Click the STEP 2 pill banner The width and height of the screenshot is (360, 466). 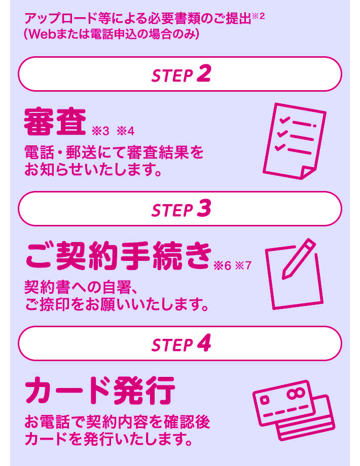(179, 74)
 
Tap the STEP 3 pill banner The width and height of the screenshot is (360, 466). (179, 209)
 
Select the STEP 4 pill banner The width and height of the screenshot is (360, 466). (179, 343)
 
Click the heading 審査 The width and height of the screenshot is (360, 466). (55, 122)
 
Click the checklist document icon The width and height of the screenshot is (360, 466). (295, 141)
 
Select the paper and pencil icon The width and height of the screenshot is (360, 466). (294, 274)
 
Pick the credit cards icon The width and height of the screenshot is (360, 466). (294, 410)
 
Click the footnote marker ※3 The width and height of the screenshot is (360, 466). (100, 131)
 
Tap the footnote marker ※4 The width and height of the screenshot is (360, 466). (126, 131)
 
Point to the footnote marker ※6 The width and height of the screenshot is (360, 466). (222, 266)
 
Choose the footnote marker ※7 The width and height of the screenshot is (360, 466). (243, 265)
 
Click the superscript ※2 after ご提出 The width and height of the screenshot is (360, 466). (258, 16)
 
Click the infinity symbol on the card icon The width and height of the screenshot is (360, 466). (296, 393)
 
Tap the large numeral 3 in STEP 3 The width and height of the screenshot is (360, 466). (204, 208)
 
